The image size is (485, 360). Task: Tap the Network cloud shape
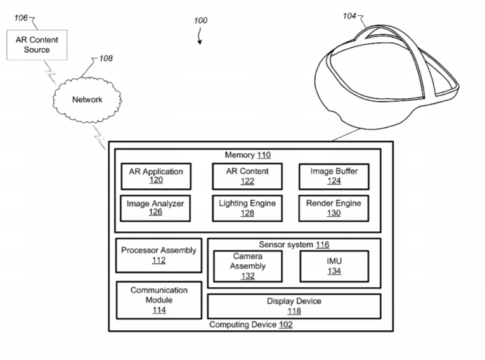tap(87, 99)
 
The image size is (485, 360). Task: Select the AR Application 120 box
tap(156, 176)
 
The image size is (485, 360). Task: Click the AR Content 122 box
tap(247, 176)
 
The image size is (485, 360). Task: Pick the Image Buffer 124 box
tap(333, 176)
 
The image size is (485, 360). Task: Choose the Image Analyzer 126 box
tap(156, 208)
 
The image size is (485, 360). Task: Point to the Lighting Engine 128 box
tap(247, 208)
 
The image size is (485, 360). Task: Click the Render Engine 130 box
tap(333, 208)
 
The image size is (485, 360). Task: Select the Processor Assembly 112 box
tap(158, 255)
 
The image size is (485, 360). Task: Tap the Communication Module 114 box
tap(158, 300)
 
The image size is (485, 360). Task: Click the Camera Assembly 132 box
tap(248, 266)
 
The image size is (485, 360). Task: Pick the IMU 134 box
tap(333, 266)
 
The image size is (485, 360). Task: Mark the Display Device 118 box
tap(294, 306)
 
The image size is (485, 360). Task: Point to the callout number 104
tap(349, 16)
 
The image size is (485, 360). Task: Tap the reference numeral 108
tap(106, 58)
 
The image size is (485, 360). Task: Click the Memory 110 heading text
tap(248, 155)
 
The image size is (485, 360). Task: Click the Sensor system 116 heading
tap(294, 244)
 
